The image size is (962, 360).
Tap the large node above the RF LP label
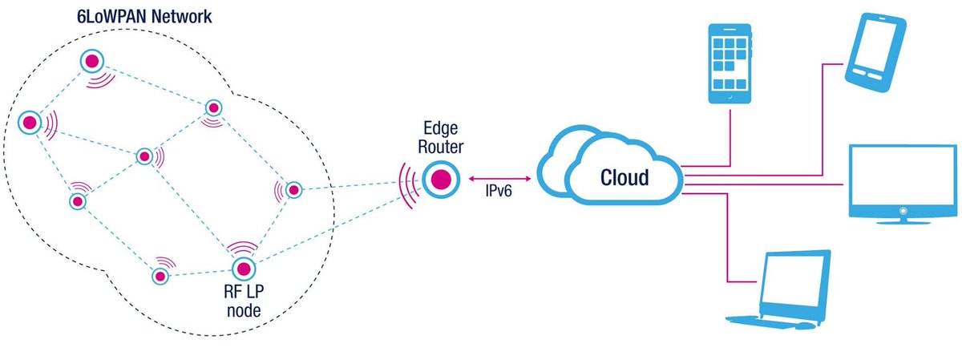click(x=242, y=267)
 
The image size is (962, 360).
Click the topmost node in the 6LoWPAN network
click(x=91, y=61)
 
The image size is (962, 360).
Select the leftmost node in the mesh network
click(x=30, y=123)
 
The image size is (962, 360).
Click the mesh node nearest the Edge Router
click(x=293, y=190)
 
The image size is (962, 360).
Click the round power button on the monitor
click(x=903, y=211)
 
